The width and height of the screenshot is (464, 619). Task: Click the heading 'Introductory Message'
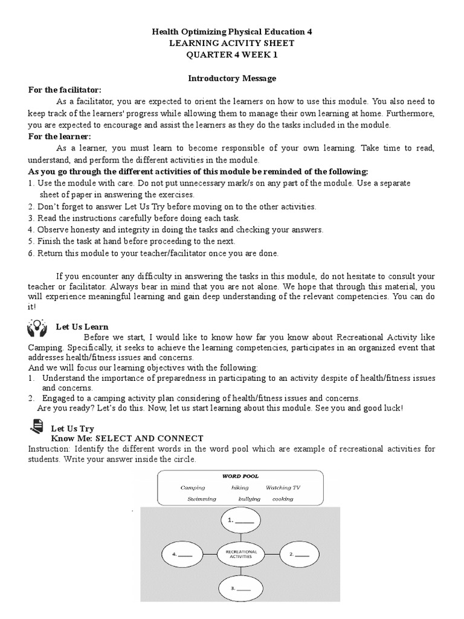coord(232,78)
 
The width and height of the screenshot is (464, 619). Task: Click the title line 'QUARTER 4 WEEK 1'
coord(232,55)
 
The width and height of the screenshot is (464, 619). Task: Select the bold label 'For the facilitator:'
coord(65,90)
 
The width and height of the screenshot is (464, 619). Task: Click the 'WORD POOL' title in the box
coord(240,476)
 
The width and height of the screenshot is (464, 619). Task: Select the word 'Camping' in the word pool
coord(193,488)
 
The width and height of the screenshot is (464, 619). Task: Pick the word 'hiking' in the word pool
coord(240,488)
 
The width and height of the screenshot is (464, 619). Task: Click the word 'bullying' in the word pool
coord(249,499)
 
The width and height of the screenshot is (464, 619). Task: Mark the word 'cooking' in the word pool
coord(282,499)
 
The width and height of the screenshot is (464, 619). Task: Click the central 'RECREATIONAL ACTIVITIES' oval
coord(241,553)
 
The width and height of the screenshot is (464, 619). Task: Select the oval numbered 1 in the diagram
coord(241,520)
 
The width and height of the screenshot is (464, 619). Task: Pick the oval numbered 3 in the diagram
coord(241,588)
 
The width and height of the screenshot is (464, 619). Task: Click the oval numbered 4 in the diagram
coord(183,554)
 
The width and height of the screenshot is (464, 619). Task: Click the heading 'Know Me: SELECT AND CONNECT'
coord(127,438)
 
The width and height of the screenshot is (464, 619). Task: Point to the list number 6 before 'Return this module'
coord(30,253)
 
